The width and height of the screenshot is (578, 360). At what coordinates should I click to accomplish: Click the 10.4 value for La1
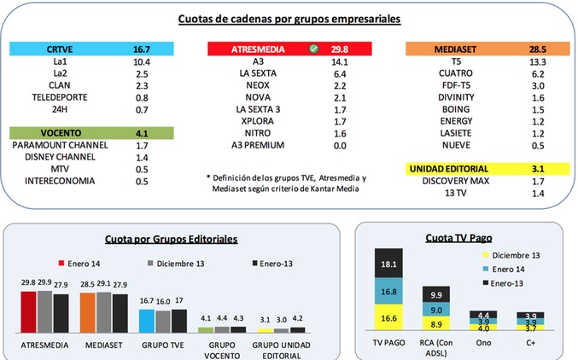click(142, 63)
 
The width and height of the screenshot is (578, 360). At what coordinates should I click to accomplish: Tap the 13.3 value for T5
click(538, 63)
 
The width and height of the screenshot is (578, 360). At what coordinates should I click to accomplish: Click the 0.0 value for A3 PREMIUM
click(340, 146)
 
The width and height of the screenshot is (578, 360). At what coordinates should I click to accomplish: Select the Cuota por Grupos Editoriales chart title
click(171, 241)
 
